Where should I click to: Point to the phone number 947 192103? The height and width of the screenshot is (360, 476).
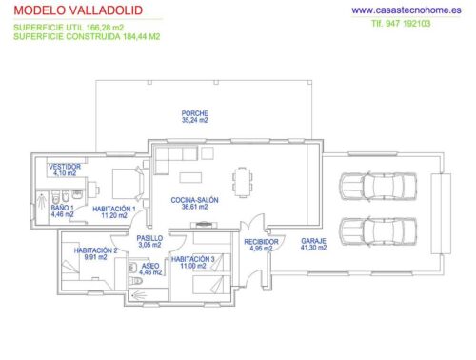tap(411, 25)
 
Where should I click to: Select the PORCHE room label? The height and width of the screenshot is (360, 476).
tap(194, 113)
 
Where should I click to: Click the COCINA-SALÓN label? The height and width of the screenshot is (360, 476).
tap(194, 201)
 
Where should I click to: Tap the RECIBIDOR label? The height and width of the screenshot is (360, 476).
tap(261, 242)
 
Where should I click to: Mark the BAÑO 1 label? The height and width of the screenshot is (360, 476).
tap(62, 208)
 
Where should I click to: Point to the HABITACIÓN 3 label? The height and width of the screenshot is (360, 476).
tap(193, 258)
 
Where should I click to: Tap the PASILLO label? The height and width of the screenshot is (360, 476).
tap(150, 238)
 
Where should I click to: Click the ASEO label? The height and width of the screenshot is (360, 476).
tap(151, 266)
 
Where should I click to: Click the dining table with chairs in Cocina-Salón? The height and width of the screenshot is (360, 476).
tap(243, 180)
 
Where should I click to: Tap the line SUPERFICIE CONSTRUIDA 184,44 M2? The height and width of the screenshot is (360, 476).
tap(87, 36)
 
